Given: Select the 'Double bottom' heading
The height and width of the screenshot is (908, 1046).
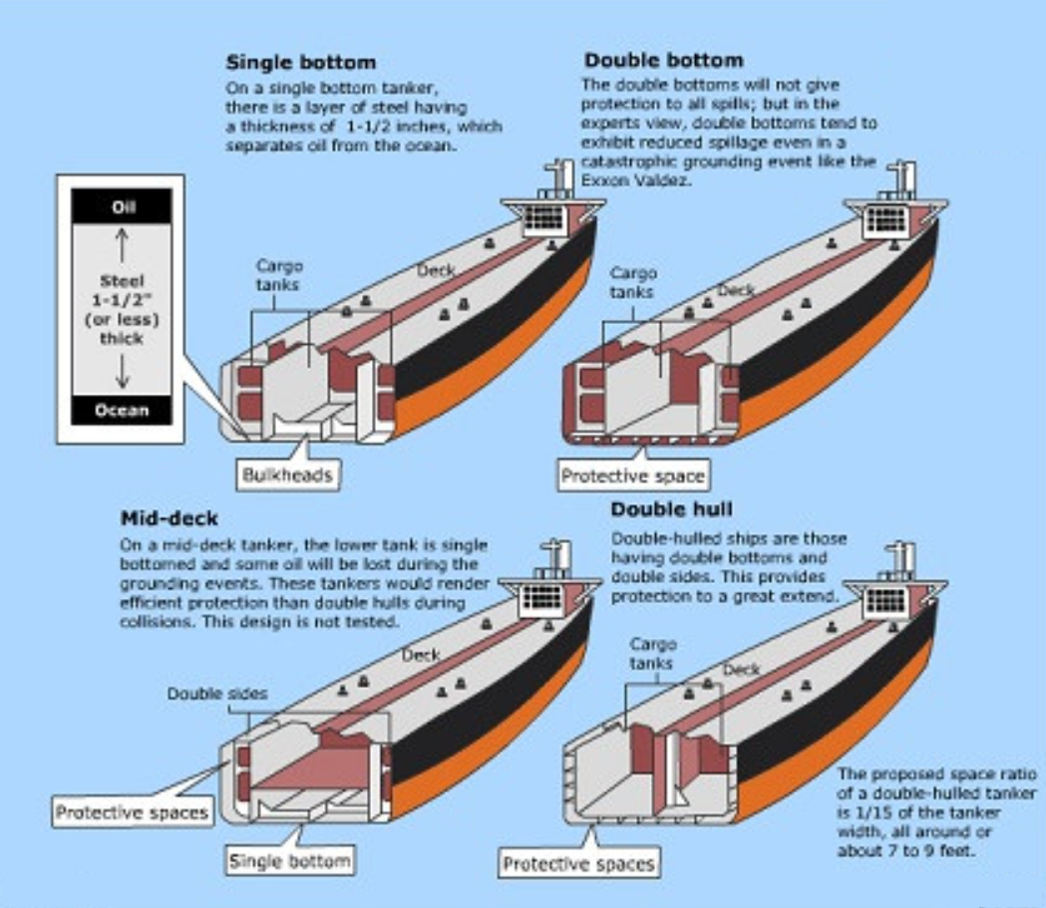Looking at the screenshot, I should (663, 60).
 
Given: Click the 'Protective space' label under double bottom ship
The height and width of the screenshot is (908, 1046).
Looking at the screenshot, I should (632, 475).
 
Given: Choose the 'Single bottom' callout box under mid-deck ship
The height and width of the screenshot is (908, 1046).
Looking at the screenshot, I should (289, 860).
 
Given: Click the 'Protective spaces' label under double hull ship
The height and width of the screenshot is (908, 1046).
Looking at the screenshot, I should (578, 863).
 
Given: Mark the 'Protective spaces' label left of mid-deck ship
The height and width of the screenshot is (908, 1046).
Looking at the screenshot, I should (132, 812).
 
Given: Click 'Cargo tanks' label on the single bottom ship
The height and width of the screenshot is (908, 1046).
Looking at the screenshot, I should (279, 275).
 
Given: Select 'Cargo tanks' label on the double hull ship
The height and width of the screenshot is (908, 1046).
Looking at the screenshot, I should (653, 654).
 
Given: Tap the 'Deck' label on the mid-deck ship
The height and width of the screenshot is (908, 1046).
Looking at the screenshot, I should (421, 655).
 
